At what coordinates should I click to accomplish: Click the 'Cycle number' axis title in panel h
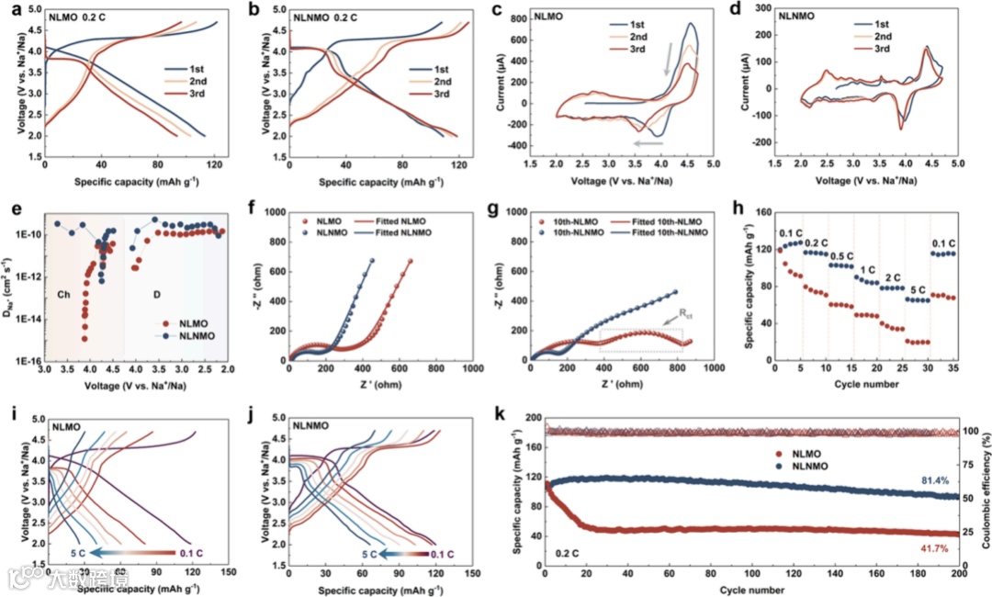point(867,384)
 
